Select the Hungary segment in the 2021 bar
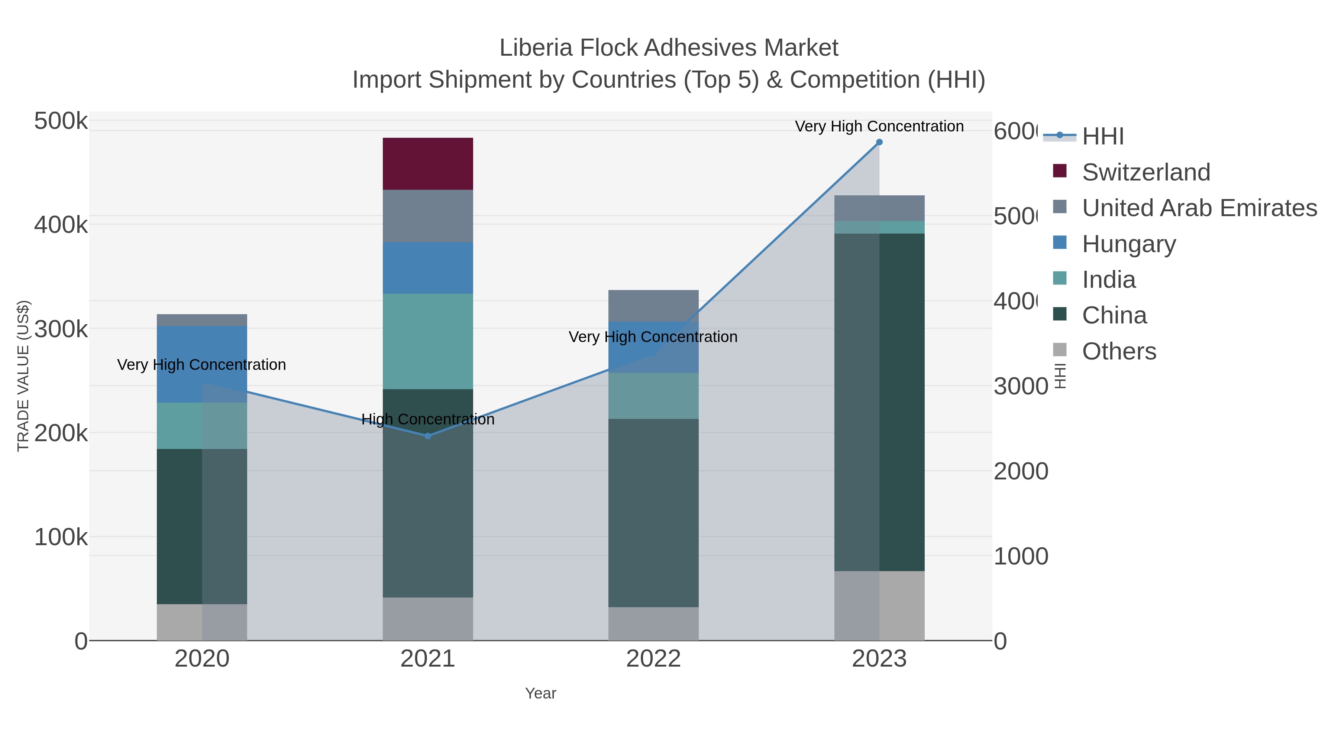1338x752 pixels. click(x=427, y=268)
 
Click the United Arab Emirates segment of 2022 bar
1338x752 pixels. click(x=653, y=306)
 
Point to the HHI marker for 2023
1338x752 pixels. click(x=879, y=142)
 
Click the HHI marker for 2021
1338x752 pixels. click(x=427, y=436)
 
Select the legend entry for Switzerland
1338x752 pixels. click(x=1145, y=172)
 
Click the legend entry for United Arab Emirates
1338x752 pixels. click(x=1199, y=208)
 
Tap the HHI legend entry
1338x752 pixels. click(x=1102, y=137)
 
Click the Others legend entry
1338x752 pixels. click(x=1119, y=351)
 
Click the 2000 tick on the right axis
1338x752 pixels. click(x=1021, y=471)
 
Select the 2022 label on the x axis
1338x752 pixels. click(x=653, y=659)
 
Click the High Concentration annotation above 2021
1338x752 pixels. click(x=427, y=419)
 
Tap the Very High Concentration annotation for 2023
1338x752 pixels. click(x=879, y=126)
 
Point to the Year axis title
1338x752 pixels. click(x=540, y=693)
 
